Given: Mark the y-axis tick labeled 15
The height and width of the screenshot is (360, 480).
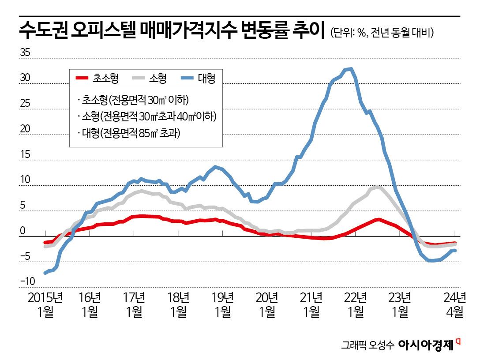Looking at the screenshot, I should (x=25, y=155).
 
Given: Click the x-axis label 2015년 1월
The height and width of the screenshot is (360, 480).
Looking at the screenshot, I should (x=45, y=304).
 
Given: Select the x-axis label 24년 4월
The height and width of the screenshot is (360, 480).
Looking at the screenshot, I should (x=455, y=304).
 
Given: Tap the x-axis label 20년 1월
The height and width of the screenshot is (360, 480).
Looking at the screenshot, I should (x=267, y=304).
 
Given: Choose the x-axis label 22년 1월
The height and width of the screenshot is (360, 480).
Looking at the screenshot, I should (x=356, y=304).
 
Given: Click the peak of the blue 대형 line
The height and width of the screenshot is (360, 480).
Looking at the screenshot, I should (x=349, y=69).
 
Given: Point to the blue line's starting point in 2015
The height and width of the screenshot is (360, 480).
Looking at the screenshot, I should (x=45, y=273).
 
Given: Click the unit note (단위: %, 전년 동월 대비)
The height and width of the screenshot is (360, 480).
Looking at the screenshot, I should (x=382, y=33).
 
